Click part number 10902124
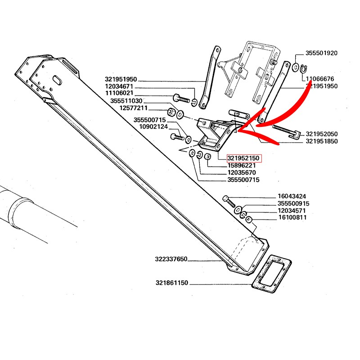pyautogui.click(x=153, y=127)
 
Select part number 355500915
pyautogui.click(x=293, y=203)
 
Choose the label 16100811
pyautogui.click(x=293, y=217)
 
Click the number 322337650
pyautogui.click(x=171, y=260)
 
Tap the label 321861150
pyautogui.click(x=172, y=283)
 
